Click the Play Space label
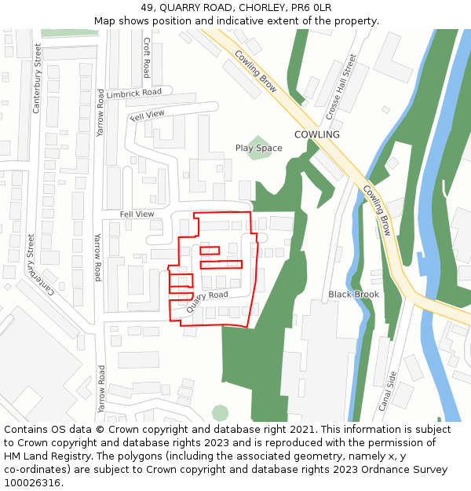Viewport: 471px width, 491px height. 258,148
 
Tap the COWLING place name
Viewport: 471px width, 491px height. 316,134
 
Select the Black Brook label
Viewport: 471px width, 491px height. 353,295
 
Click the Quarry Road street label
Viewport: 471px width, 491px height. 207,301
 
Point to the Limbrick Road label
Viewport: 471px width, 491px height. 133,93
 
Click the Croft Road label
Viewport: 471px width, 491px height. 146,58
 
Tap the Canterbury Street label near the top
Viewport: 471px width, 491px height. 36,78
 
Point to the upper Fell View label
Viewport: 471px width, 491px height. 148,115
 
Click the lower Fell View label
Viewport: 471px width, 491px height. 137,214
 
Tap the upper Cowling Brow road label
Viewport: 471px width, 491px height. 255,71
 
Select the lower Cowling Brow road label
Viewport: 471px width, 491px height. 376,210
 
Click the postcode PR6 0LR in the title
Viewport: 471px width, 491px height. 310,8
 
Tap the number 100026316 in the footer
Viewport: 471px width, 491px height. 31,483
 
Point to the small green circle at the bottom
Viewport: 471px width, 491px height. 221,412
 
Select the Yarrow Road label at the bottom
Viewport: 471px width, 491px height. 101,388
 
